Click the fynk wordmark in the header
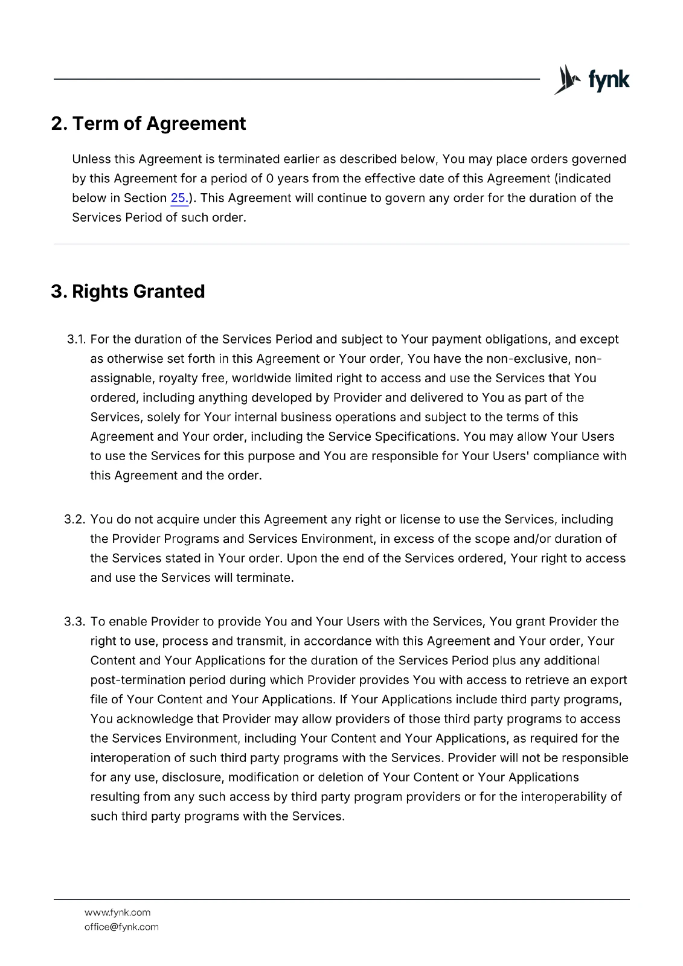point(609,80)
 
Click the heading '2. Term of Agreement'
point(149,124)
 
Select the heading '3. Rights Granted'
point(128,292)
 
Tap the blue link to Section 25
point(179,198)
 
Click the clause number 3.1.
point(76,339)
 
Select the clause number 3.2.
point(75,519)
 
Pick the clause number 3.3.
point(75,622)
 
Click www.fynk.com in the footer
point(117,912)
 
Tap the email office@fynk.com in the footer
point(121,927)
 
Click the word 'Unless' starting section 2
point(91,159)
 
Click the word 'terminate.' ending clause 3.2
point(265,578)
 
